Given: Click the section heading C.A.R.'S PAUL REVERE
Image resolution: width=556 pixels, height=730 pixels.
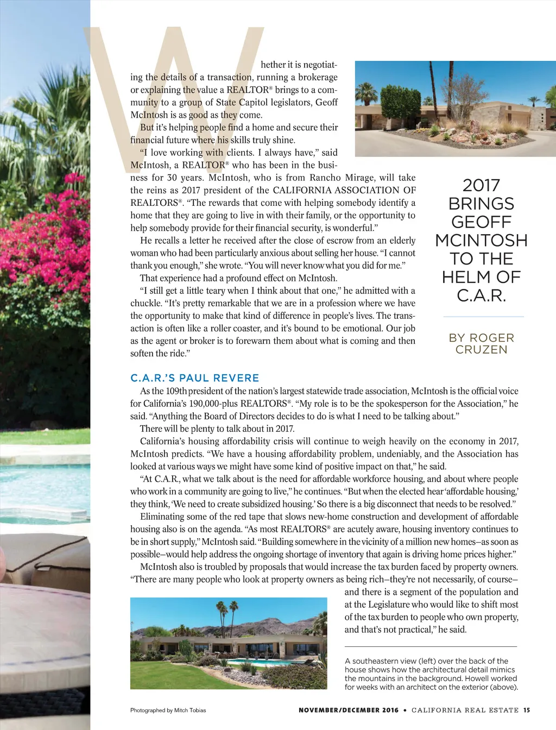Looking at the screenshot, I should click(x=195, y=378).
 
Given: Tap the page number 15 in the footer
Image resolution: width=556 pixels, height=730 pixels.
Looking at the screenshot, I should click(x=527, y=710).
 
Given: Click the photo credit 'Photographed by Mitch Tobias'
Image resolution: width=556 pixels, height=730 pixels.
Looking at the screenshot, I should click(x=168, y=710).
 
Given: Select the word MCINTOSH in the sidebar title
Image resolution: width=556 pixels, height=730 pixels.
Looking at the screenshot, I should click(x=481, y=240).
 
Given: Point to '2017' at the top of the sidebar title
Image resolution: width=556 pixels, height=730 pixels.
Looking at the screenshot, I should click(x=481, y=185).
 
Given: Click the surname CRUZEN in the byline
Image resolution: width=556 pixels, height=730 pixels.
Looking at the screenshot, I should click(x=481, y=350).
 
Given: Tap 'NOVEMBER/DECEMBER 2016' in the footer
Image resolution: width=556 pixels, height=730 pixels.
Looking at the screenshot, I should click(x=348, y=710).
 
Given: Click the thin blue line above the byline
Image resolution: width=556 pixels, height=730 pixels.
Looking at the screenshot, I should click(x=483, y=316).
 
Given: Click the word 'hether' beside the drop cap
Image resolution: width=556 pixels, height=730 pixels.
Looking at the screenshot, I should click(x=274, y=65).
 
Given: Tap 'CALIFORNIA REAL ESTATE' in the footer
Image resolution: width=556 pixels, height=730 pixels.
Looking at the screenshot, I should click(x=465, y=710).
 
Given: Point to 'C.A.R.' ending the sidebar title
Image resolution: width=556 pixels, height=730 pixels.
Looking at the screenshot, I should click(x=481, y=296).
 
